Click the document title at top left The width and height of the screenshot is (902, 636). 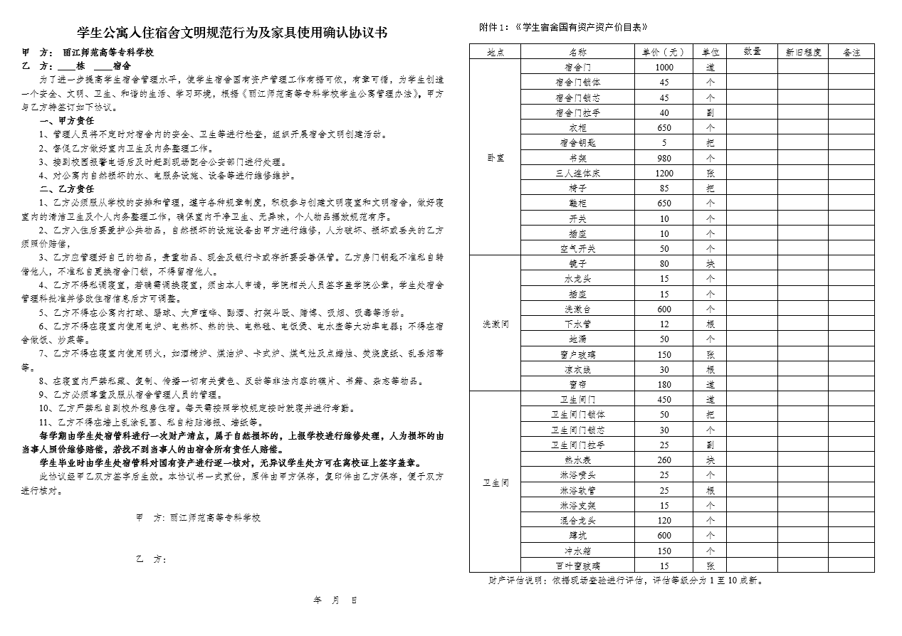[x=232, y=33]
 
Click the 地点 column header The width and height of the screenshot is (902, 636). [x=495, y=52]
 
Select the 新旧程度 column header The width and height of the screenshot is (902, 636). [x=803, y=52]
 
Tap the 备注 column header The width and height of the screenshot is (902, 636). [x=851, y=52]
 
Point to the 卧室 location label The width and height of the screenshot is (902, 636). [x=495, y=158]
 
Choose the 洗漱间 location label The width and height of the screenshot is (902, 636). [x=495, y=324]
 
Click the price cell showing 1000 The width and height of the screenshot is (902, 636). [x=664, y=67]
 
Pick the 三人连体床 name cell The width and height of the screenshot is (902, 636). [x=577, y=173]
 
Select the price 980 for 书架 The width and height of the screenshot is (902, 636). [x=664, y=158]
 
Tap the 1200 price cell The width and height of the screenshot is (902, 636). [x=664, y=173]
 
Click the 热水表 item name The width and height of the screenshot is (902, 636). [x=577, y=460]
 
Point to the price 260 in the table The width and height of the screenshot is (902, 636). [x=664, y=460]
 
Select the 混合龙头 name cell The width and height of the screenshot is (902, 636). [x=577, y=520]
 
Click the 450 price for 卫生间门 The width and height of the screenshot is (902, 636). [x=664, y=400]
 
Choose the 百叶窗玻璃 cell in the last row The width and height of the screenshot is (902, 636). [x=577, y=566]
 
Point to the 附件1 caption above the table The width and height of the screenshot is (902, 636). [x=563, y=27]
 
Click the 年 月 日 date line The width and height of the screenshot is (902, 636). [x=335, y=601]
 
